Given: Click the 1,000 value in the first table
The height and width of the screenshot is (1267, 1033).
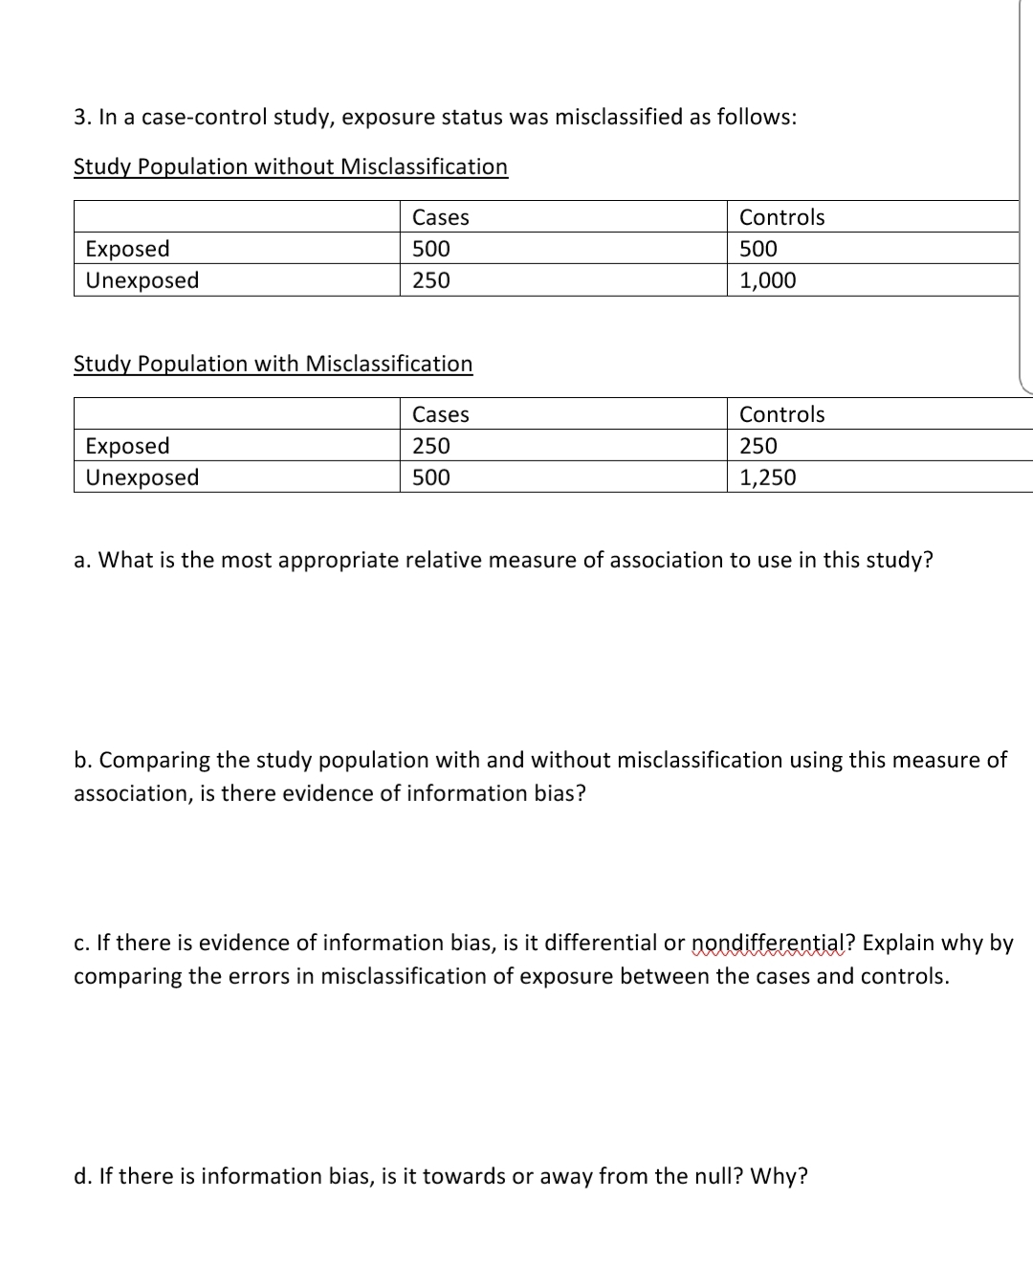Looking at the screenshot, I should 767,280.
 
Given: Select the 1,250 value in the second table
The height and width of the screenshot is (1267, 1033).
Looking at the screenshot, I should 767,478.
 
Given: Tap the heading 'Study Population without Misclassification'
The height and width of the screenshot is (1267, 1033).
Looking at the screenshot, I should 291,167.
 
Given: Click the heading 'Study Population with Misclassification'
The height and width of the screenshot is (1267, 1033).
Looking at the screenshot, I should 273,364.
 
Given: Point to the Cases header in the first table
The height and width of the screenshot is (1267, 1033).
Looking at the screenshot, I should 440,217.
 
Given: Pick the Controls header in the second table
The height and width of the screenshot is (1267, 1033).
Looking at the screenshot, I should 781,414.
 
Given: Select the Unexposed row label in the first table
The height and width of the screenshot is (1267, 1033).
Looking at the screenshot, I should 143,280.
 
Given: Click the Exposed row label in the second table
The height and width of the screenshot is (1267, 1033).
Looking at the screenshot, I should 127,446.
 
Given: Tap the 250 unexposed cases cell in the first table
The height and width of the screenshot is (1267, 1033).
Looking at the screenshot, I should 430,280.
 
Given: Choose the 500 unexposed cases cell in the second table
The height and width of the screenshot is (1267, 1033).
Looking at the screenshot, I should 430,478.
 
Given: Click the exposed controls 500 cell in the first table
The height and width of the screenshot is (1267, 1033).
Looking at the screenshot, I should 758,249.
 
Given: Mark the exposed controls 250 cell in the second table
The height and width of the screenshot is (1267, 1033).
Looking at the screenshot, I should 758,446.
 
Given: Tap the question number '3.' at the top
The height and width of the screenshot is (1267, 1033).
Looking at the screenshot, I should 82,117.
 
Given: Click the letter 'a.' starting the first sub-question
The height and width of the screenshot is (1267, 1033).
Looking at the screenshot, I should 82,560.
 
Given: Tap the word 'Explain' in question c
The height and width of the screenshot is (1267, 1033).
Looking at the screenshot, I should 897,943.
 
